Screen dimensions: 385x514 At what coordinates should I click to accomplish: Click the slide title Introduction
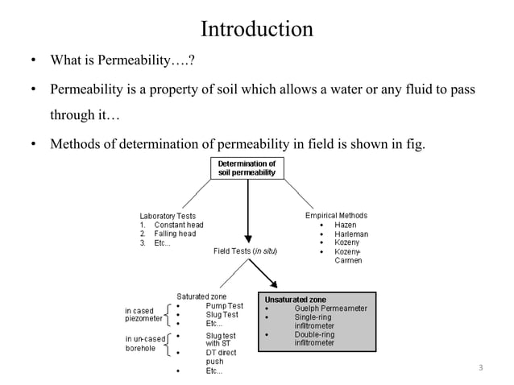256,30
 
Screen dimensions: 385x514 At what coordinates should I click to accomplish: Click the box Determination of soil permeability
247,168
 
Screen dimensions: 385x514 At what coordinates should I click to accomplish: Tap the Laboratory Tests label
168,216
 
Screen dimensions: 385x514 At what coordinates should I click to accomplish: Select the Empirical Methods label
336,215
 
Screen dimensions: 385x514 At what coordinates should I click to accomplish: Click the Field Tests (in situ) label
246,251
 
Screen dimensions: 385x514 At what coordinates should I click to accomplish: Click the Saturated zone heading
201,296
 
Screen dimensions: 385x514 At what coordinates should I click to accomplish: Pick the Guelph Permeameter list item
330,308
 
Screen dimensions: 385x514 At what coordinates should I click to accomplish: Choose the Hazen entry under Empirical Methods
346,225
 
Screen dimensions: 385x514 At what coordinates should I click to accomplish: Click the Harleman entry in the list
351,234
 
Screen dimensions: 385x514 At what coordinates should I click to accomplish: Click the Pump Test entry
224,305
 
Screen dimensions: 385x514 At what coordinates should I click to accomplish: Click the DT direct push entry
221,353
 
